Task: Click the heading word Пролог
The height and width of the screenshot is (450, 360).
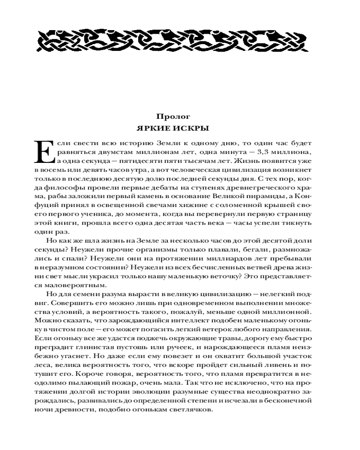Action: tap(180, 117)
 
